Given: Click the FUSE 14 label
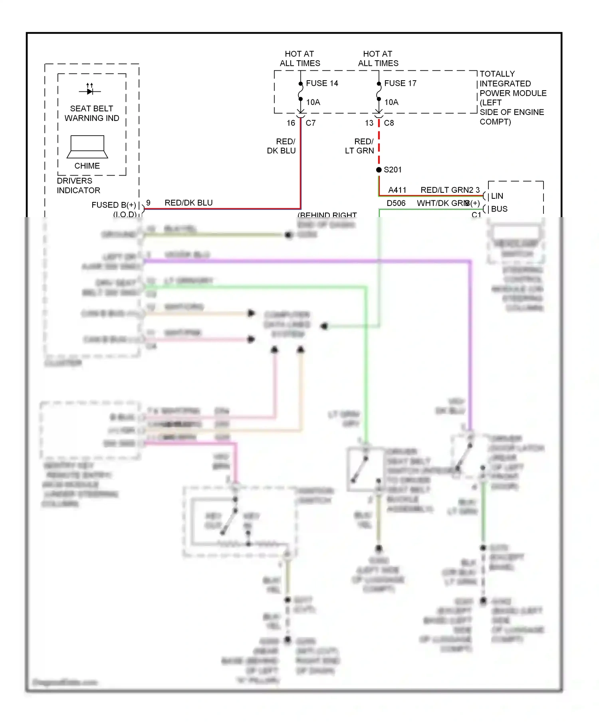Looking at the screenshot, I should click(322, 83).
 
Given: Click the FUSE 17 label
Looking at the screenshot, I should click(400, 83).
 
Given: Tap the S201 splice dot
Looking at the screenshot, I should click(379, 170).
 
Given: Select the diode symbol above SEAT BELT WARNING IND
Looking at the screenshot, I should click(90, 91).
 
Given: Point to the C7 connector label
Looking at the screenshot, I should click(311, 123).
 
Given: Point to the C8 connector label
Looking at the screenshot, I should click(389, 123).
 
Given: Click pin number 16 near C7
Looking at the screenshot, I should click(291, 123).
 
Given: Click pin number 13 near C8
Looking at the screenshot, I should click(369, 123).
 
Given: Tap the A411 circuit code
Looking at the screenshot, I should click(397, 190).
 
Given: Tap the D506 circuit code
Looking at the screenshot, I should click(396, 203).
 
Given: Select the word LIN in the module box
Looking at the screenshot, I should click(497, 196).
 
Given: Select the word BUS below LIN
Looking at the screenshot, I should click(499, 209).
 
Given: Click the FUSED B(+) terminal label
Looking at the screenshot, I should click(113, 205).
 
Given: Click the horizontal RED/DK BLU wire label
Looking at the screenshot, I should click(188, 203).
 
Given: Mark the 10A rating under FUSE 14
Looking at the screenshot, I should click(313, 102).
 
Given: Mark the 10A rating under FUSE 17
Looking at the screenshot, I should click(391, 102).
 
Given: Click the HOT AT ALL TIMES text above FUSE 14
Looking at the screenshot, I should click(300, 58).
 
